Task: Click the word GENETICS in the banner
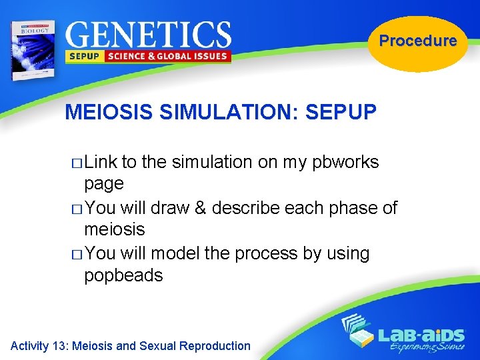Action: tap(148, 34)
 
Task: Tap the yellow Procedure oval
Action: tap(418, 41)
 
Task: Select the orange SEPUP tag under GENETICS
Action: tap(83, 57)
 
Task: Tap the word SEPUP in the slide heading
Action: tap(341, 111)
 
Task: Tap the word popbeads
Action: tap(123, 275)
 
